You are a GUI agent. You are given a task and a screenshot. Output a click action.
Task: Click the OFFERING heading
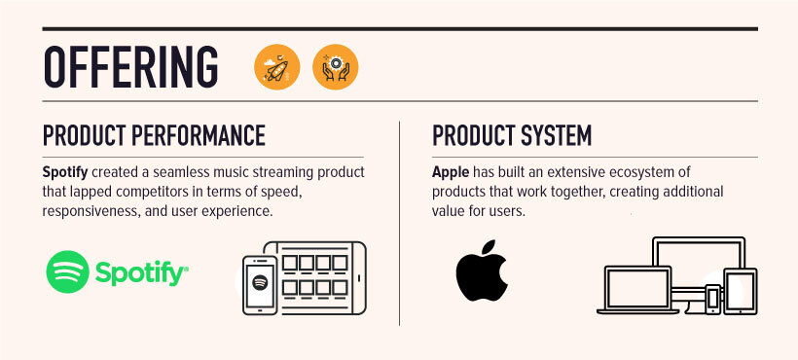point(131,65)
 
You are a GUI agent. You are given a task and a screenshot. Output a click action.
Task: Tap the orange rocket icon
point(277,67)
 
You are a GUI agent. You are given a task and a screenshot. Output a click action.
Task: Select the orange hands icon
point(335,67)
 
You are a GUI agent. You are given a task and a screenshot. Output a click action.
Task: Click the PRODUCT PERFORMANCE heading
point(154,134)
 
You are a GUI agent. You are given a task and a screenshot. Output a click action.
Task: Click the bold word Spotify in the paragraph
point(65,171)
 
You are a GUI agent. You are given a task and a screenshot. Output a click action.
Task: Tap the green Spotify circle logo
point(68,271)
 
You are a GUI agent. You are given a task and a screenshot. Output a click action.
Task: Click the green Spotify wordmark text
point(139,273)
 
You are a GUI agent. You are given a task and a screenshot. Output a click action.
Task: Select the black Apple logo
point(482,272)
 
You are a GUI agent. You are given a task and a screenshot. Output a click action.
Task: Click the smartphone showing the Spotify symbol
point(260,283)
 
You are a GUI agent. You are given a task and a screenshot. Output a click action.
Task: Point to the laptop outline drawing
point(638,293)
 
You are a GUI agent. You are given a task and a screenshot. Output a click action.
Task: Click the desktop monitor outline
point(699,268)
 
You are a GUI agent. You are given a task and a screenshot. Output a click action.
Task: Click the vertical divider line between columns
point(399,224)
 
